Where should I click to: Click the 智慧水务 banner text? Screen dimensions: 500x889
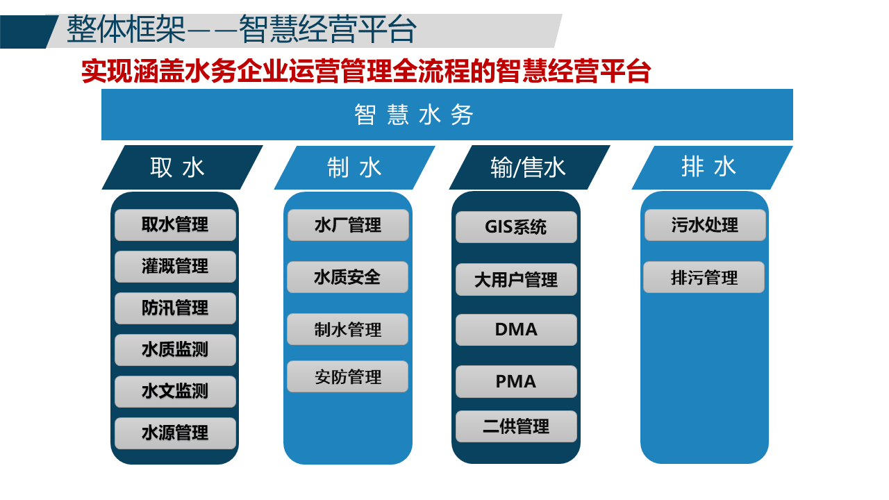[414, 115]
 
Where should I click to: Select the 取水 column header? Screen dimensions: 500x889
[178, 167]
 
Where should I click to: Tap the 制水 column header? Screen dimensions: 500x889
[354, 167]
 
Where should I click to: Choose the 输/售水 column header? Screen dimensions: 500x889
[528, 167]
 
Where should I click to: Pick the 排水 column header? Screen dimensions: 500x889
[709, 167]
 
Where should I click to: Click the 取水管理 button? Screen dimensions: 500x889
[175, 225]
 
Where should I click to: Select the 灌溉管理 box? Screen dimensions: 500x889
[175, 267]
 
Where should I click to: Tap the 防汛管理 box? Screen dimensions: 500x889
[175, 308]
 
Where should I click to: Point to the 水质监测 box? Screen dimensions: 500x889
[175, 350]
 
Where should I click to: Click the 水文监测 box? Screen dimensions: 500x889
[175, 392]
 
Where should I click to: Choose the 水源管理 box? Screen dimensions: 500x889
[175, 433]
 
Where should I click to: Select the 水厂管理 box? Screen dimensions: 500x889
[348, 225]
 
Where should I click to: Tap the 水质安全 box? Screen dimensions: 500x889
[347, 277]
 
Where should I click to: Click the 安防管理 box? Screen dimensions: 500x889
[347, 377]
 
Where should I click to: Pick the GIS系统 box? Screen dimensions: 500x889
[516, 227]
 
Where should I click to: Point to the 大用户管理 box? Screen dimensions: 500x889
[516, 280]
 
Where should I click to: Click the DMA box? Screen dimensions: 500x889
[516, 330]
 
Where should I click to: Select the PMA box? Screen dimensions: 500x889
[516, 382]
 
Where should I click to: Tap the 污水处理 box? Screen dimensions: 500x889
[705, 225]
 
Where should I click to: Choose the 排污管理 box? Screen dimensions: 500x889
[704, 278]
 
